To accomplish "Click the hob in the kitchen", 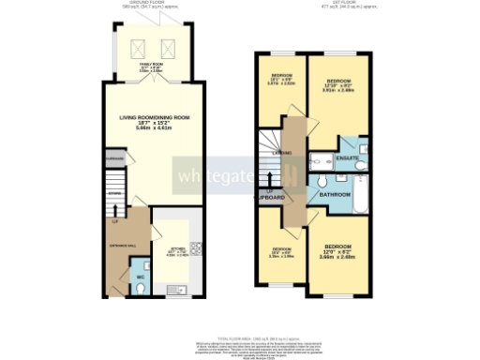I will (195, 248).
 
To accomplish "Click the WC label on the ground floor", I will (139, 277).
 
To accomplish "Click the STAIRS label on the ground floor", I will (114, 194).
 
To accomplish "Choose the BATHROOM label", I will (335, 194).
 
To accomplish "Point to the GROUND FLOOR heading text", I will (156, 3).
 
